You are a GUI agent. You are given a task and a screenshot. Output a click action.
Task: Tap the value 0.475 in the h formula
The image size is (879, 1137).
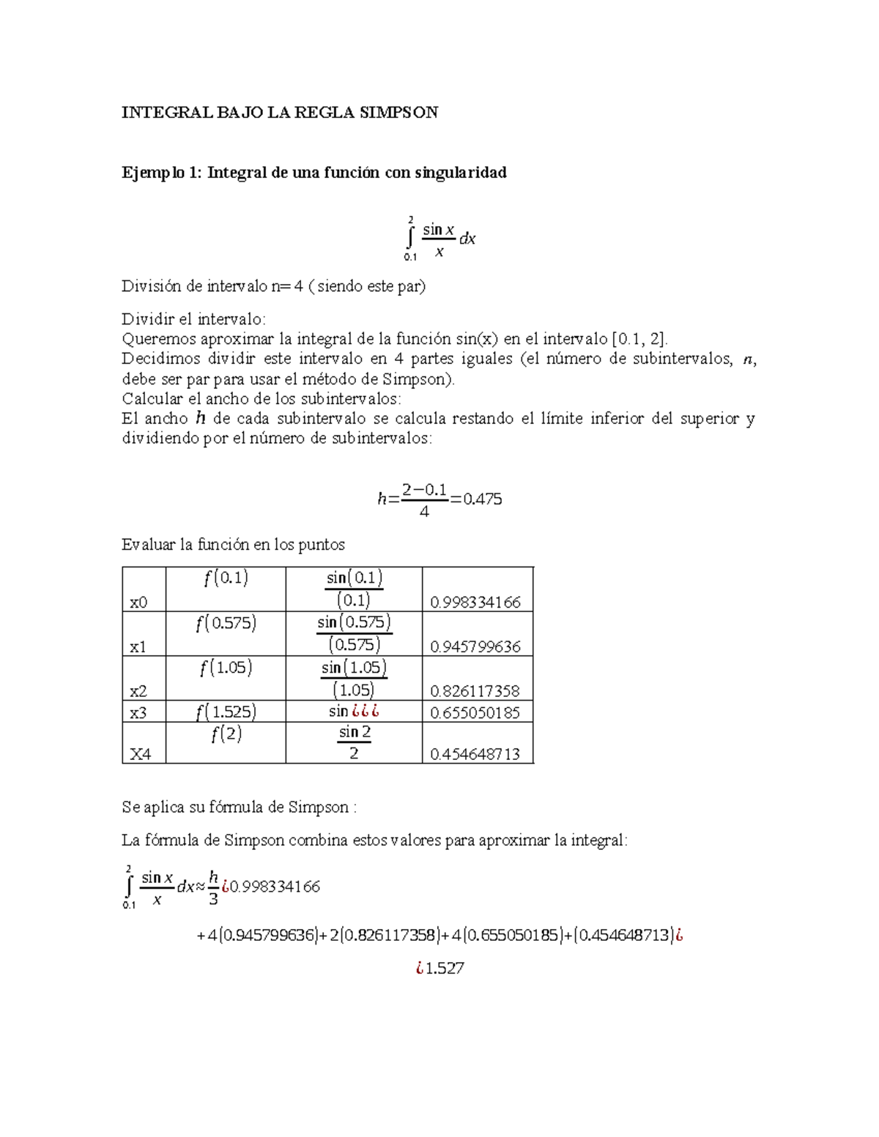click(482, 499)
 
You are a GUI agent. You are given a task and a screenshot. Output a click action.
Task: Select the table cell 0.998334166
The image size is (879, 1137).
click(475, 602)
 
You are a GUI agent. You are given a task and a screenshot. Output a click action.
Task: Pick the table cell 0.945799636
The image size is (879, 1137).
click(475, 646)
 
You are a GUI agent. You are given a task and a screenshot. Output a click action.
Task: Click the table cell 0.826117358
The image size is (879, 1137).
click(475, 690)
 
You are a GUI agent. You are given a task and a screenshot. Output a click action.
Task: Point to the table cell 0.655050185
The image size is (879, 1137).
click(475, 712)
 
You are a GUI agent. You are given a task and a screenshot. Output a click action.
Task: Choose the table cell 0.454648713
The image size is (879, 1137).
click(475, 753)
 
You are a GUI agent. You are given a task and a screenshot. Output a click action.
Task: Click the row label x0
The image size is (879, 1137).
click(138, 603)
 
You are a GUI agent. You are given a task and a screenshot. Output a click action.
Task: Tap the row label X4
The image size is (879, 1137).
click(140, 754)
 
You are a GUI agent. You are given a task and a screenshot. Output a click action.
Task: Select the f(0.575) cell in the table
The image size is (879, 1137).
click(226, 624)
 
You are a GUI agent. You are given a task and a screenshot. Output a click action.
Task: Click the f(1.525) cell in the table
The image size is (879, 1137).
click(226, 712)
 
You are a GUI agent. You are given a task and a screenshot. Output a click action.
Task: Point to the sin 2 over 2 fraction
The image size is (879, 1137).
click(355, 742)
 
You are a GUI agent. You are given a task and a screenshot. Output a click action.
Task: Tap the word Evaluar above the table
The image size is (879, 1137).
click(148, 545)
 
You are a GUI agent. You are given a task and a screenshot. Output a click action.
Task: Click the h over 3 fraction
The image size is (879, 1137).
click(214, 887)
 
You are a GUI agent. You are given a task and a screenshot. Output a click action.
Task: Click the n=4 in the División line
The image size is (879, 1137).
click(286, 286)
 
